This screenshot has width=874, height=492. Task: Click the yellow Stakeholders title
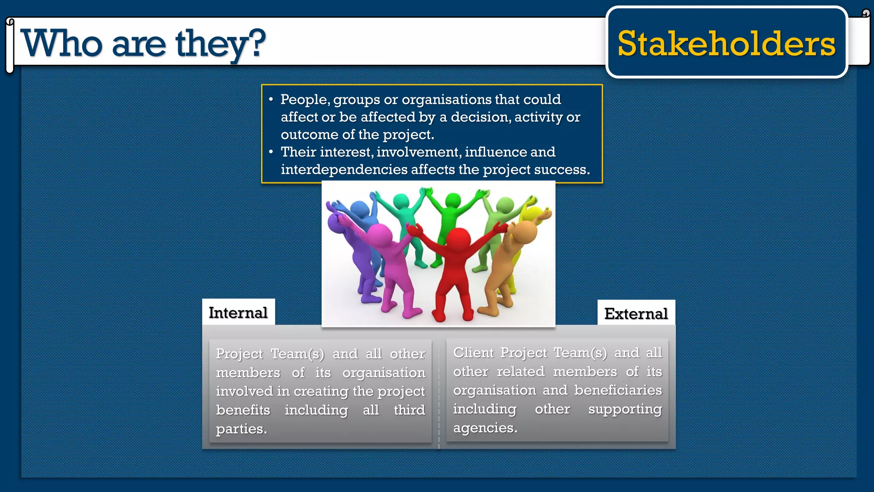click(x=726, y=44)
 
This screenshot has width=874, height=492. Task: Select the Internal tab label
click(x=238, y=313)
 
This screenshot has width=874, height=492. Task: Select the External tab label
click(x=636, y=314)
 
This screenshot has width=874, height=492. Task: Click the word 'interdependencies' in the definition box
click(x=344, y=170)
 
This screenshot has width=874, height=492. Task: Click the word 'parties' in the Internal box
click(x=241, y=429)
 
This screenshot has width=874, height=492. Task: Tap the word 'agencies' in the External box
click(x=485, y=428)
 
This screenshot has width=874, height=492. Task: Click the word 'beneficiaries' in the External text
click(x=618, y=390)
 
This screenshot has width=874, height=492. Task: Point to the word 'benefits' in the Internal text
click(x=243, y=410)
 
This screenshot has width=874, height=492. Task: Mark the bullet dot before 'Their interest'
click(x=271, y=152)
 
